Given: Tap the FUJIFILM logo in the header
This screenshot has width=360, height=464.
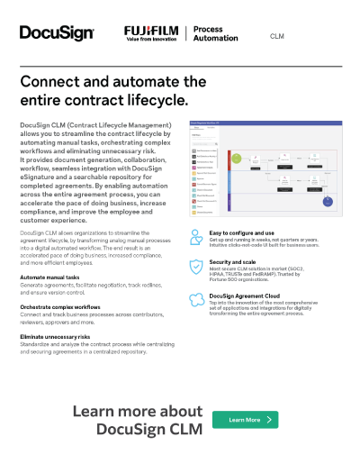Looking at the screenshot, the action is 151,34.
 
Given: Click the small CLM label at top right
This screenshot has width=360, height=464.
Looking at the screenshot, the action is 278,36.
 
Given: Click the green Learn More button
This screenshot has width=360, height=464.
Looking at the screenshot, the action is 245,420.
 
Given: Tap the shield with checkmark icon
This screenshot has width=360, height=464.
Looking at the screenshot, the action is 197,266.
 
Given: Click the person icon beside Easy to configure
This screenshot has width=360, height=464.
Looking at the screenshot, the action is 197,236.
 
